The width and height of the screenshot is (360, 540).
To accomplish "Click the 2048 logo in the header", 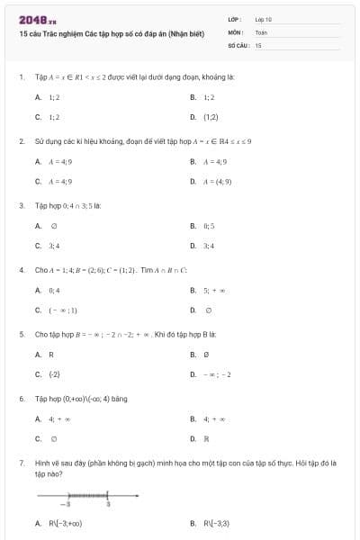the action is (x=31, y=19).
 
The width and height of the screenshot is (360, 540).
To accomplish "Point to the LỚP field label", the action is (x=233, y=19).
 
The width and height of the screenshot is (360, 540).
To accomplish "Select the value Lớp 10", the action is (x=264, y=19).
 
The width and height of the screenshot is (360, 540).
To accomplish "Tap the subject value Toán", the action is (x=261, y=31).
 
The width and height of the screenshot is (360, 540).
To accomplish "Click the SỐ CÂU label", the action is (x=238, y=44).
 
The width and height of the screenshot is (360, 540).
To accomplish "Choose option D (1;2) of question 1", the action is (x=211, y=116).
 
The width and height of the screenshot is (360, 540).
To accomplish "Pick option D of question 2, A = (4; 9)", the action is (x=216, y=181).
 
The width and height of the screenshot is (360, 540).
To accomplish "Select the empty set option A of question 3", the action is (x=53, y=226).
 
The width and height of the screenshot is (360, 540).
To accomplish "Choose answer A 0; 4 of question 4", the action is (x=54, y=291).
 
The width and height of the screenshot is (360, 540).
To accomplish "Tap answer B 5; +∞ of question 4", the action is (x=212, y=291).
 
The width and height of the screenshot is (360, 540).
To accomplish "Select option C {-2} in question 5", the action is (x=54, y=374).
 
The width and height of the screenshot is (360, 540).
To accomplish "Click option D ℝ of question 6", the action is (x=206, y=439).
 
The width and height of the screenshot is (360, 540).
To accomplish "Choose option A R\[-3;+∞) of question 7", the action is (x=65, y=523).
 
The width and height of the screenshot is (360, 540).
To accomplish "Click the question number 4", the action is (x=21, y=269).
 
